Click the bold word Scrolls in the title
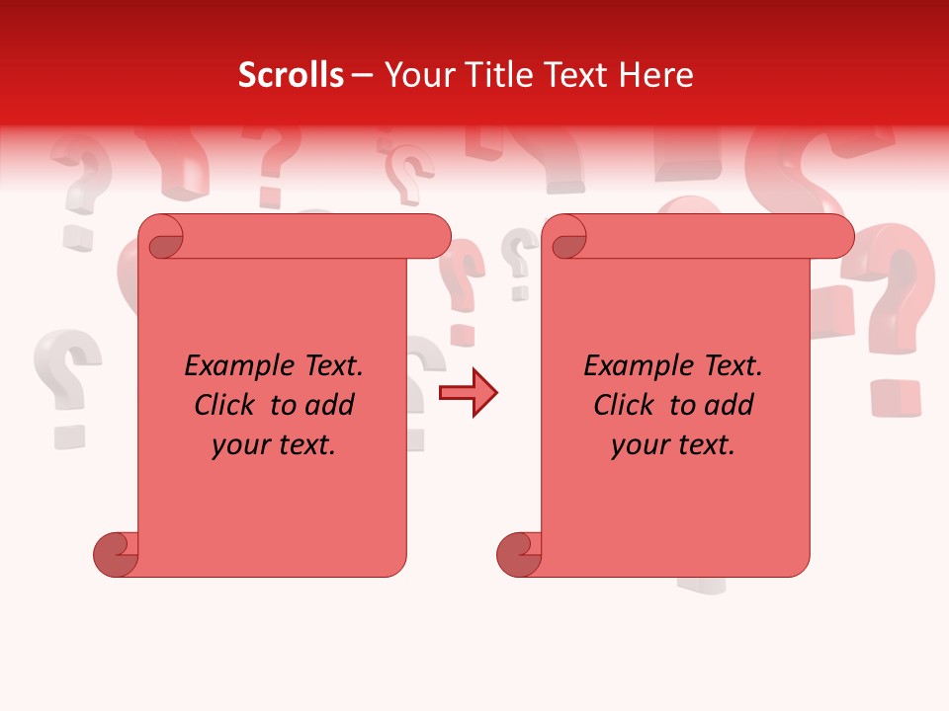pos(291,75)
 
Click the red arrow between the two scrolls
pos(469,393)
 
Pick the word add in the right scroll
pos(730,406)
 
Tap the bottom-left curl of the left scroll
pos(117,553)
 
